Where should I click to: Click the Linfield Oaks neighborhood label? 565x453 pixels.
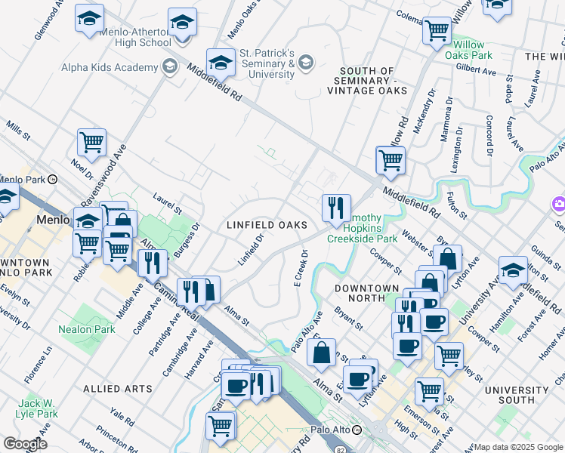pyautogui.click(x=267, y=225)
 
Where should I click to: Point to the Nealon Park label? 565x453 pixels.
pyautogui.click(x=87, y=329)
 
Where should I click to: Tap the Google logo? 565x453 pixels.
pyautogui.click(x=24, y=443)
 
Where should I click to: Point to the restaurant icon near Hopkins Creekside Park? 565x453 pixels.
pyautogui.click(x=336, y=207)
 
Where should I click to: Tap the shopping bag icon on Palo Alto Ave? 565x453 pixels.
pyautogui.click(x=322, y=350)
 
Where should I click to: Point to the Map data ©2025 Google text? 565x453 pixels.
pyautogui.click(x=517, y=447)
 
